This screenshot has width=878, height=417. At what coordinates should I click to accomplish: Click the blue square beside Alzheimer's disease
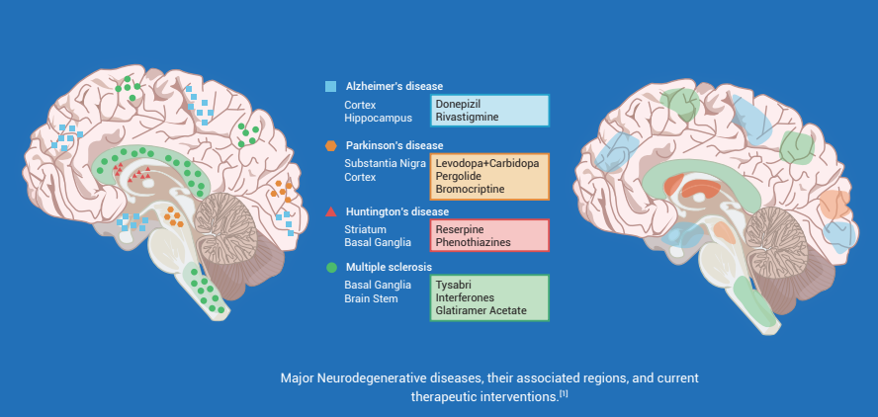click(x=331, y=86)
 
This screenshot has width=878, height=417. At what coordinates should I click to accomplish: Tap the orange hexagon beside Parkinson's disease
click(x=331, y=146)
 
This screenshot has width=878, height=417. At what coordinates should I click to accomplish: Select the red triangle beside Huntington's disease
click(x=331, y=211)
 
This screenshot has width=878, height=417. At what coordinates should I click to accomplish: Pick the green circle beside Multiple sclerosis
click(x=331, y=267)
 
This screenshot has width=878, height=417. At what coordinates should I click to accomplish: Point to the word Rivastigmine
click(x=467, y=118)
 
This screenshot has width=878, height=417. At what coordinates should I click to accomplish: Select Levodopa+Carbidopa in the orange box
click(x=486, y=162)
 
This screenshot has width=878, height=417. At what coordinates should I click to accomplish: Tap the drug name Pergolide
click(x=459, y=176)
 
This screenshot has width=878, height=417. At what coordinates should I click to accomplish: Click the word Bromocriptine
click(x=470, y=189)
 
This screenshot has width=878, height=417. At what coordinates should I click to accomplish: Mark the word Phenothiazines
click(x=474, y=241)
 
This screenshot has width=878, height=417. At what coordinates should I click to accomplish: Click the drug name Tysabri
click(x=453, y=284)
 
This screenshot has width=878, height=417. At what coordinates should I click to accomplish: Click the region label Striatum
click(x=365, y=228)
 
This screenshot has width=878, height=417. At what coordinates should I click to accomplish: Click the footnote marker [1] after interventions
click(x=564, y=394)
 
